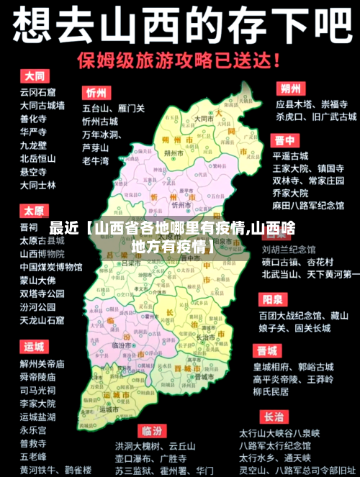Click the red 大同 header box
click(34, 75)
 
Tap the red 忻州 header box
click(96, 93)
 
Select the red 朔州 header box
click(291, 89)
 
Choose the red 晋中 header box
click(284, 140)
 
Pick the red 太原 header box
click(34, 212)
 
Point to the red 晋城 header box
click(267, 351)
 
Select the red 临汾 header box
click(150, 430)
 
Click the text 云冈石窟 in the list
click(37, 92)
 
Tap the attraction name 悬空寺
click(33, 172)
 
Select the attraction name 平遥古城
click(290, 155)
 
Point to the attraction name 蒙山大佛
click(37, 280)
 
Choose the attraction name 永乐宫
click(33, 430)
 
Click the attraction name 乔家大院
click(290, 193)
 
